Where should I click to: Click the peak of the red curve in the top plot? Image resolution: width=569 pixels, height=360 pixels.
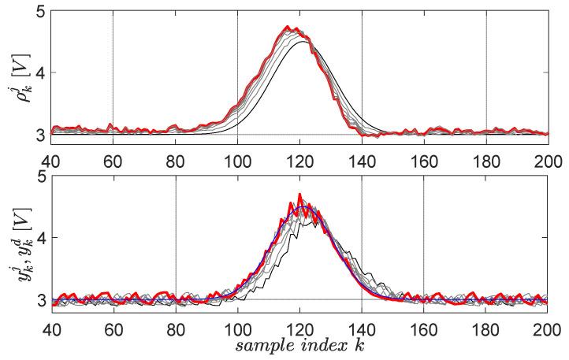[x=288, y=27]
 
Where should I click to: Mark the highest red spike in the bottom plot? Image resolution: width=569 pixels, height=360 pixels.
[x=299, y=194]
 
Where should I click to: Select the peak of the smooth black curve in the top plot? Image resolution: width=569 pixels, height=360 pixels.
[x=303, y=42]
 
